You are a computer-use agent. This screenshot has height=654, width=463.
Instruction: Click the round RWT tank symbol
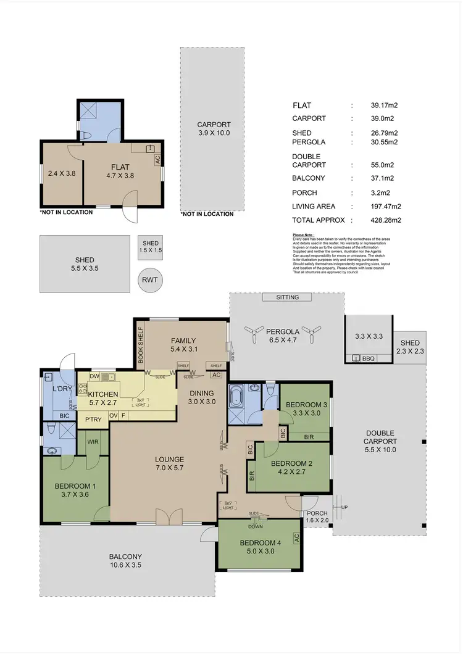tap(150, 279)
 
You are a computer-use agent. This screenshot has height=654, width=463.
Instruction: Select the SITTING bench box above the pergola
tap(288, 297)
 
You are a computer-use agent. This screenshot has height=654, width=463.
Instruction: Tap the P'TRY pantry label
tap(93, 419)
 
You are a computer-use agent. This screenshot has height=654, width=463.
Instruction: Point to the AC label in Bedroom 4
tap(297, 538)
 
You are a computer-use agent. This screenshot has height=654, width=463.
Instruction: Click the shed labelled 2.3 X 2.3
tap(409, 347)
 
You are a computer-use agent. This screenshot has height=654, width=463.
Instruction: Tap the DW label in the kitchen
tap(94, 376)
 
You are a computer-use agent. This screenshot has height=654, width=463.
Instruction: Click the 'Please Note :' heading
tap(304, 235)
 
